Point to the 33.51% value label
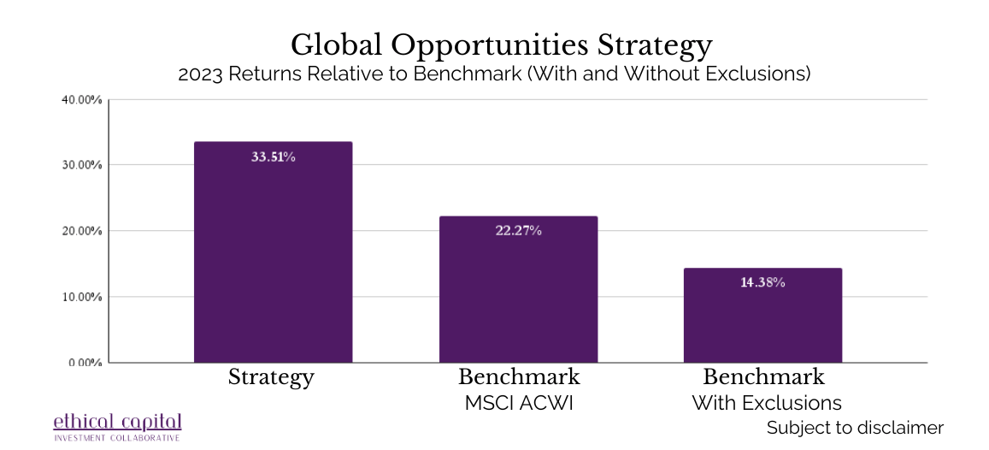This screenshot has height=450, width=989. tap(273, 157)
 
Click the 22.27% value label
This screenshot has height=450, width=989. tap(518, 231)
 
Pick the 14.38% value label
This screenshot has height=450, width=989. tap(762, 282)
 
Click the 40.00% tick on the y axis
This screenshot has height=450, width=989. tap(81, 99)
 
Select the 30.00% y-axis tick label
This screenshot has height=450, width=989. tap(81, 165)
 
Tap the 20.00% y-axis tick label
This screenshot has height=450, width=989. tap(81, 231)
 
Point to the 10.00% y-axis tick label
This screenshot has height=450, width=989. tap(81, 297)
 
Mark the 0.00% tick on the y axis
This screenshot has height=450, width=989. tap(83, 362)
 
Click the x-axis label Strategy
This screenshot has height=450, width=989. tap(271, 377)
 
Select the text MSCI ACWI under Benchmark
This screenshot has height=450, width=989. tap(519, 403)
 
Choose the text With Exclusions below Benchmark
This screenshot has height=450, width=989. tap(767, 403)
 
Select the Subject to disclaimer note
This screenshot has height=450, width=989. tap(855, 428)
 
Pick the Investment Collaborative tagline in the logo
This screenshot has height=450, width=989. tap(117, 438)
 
